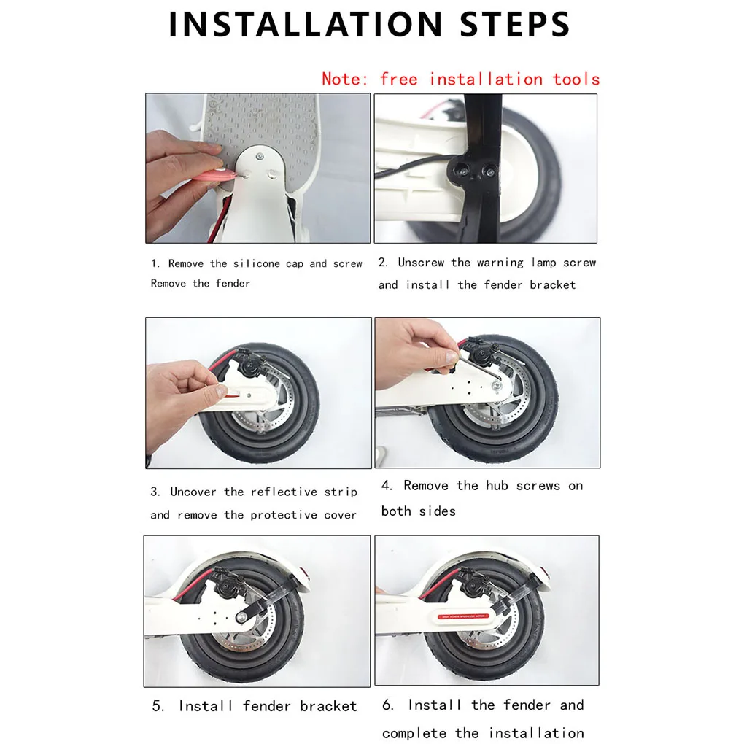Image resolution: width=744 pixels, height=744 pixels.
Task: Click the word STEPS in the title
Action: pos(515,24)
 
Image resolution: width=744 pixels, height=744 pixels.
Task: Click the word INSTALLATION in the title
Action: pos(306,24)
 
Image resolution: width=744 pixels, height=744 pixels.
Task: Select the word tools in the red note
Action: pos(576,79)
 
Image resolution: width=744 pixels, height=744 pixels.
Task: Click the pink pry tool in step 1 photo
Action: pos(217,177)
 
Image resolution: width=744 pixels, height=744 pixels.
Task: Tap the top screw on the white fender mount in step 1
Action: pos(260,156)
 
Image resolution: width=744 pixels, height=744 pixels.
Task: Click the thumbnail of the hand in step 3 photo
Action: pos(221,390)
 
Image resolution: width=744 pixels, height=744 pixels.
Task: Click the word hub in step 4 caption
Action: pos(497,485)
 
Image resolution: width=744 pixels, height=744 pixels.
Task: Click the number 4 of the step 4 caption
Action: pos(387,485)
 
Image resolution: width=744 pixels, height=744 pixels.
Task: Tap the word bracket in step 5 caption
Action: pos(328,706)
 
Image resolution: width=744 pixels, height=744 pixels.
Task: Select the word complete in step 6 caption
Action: pos(414,733)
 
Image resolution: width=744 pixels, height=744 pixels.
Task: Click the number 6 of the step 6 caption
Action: pos(387,705)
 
